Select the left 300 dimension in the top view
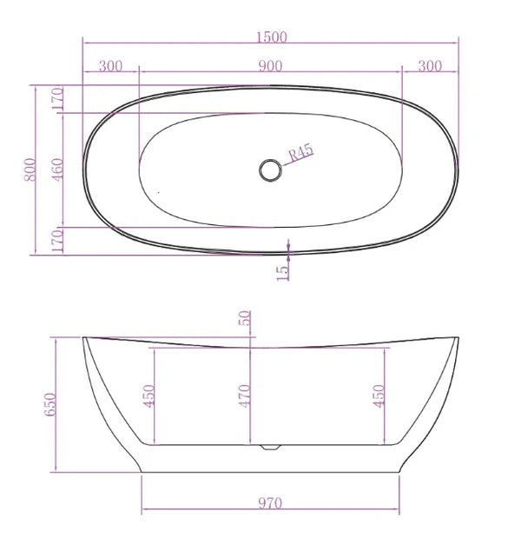click(110, 66)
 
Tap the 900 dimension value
click(270, 66)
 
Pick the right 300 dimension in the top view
click(430, 66)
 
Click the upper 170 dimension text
click(57, 99)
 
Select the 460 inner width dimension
click(57, 169)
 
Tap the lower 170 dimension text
click(57, 241)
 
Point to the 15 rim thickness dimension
click(282, 270)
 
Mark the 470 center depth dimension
click(246, 395)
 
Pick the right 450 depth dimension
click(377, 395)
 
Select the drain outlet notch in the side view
click(270, 448)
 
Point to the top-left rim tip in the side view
click(84, 337)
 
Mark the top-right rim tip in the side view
click(456, 336)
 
